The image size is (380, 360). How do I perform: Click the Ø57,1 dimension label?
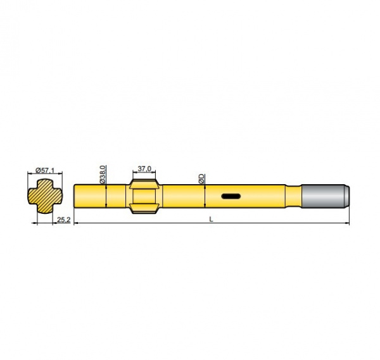(x=45, y=170)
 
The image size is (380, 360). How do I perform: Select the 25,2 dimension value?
(x=63, y=220)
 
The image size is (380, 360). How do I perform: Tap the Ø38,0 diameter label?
(x=103, y=173)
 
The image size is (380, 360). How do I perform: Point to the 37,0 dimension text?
(x=144, y=169)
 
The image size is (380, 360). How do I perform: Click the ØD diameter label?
(x=201, y=178)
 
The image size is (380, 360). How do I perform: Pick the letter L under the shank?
(x=211, y=219)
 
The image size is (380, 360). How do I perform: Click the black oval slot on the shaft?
(x=231, y=196)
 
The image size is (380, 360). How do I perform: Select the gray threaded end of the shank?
(x=323, y=196)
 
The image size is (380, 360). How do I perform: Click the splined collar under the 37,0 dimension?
(x=144, y=196)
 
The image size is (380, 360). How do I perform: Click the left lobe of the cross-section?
(x=32, y=196)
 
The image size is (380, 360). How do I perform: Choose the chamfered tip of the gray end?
(x=347, y=196)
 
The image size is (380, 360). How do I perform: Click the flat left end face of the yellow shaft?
(x=75, y=196)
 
